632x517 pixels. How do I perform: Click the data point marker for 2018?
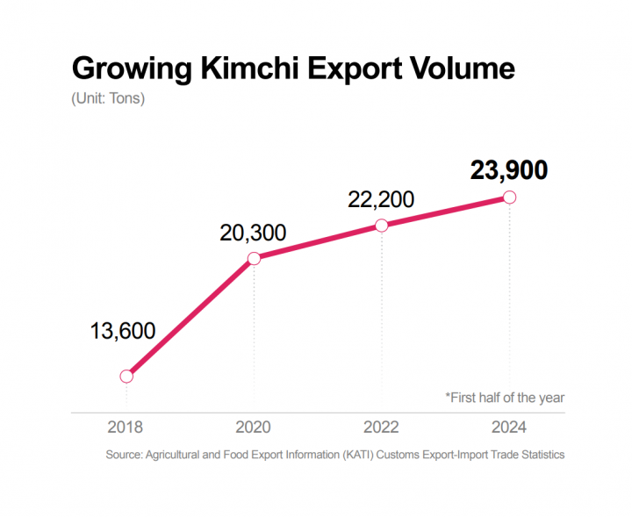(x=126, y=376)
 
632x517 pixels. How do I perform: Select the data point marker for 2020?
(x=254, y=258)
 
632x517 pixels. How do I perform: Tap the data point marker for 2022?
(x=381, y=226)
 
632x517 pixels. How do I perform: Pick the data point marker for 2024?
(x=509, y=197)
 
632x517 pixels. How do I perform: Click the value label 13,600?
(x=123, y=331)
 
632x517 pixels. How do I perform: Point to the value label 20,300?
(x=253, y=233)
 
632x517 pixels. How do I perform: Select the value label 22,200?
(x=381, y=200)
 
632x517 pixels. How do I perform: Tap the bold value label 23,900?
(x=509, y=170)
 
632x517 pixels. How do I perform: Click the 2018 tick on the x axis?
(x=126, y=427)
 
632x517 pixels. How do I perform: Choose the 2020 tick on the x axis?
(x=254, y=427)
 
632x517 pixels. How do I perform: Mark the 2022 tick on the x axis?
(x=381, y=427)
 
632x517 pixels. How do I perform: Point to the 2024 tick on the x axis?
(x=509, y=427)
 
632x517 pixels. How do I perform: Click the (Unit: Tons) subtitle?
(x=108, y=98)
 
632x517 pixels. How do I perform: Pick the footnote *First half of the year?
(x=505, y=398)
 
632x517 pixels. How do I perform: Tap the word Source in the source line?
(x=125, y=455)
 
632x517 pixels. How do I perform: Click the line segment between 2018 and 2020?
(x=190, y=317)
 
